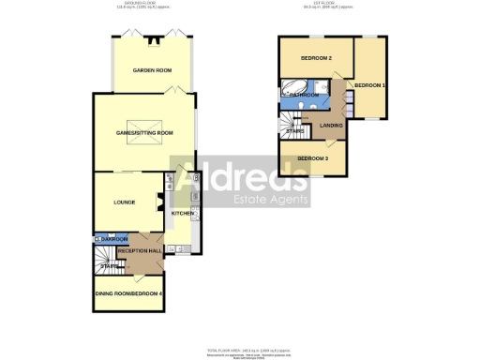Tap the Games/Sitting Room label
pos(144,133)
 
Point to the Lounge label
pos(125,202)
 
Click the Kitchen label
pos(182,214)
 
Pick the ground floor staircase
pos(110,266)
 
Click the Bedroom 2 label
pos(316,59)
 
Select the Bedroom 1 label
pos(369,86)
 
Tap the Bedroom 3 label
pos(312,158)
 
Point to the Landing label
pos(331,125)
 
